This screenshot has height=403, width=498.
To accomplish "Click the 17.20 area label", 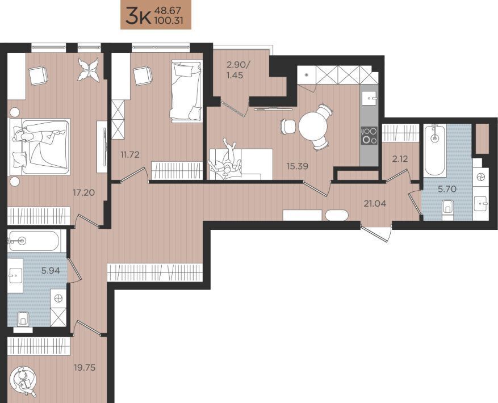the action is pos(84,192).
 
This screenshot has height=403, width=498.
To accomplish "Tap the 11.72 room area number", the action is pos(130,154).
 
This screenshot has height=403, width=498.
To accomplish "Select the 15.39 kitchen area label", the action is pos(298,166).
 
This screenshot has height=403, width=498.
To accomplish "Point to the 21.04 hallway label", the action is pos(375,204).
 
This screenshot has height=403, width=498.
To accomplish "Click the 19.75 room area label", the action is pos(85,368).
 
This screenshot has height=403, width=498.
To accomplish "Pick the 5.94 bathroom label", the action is pos(51,271).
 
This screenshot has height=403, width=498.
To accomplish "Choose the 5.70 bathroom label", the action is pos(447,189).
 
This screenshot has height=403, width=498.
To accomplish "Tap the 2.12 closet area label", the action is pos(400,158).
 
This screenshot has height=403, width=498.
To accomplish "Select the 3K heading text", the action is pos(138,16).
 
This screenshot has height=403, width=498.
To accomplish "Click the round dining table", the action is pos(313,127).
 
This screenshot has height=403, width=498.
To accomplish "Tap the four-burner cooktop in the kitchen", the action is pos(369,136).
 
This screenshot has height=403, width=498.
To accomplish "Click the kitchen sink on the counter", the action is pos(369,95).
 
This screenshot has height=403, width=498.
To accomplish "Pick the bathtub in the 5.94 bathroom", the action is pos(34,241).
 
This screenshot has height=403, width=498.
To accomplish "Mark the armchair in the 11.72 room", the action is pos(143,75).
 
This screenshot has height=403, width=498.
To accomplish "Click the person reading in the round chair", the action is pos(24,380).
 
